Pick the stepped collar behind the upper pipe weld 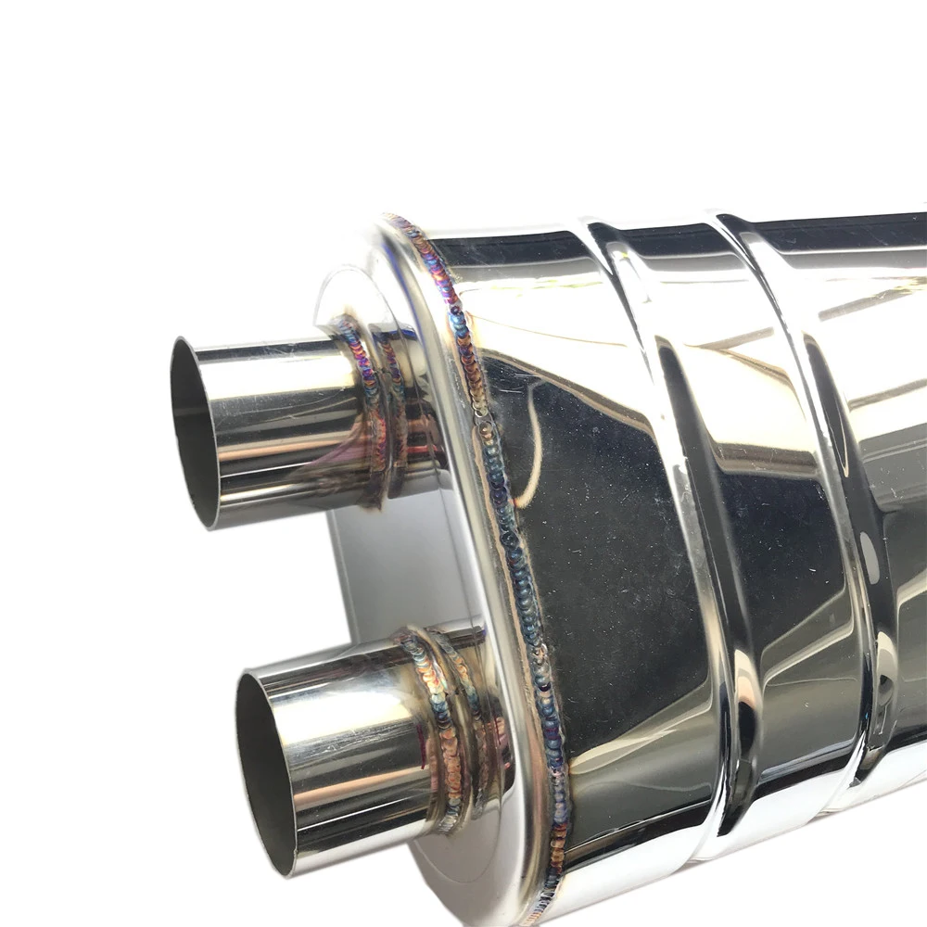click(408, 408)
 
